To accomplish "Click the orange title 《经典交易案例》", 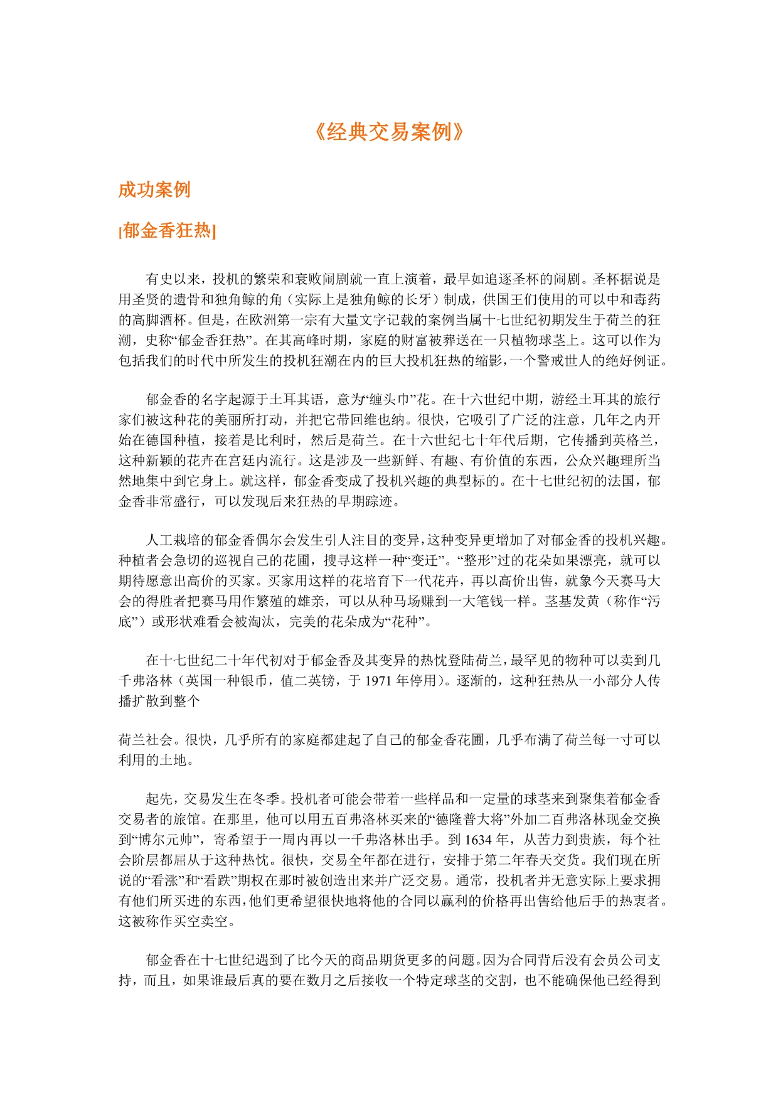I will tap(388, 132).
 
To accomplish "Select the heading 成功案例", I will tap(154, 190).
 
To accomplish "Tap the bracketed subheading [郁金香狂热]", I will tap(167, 231).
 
